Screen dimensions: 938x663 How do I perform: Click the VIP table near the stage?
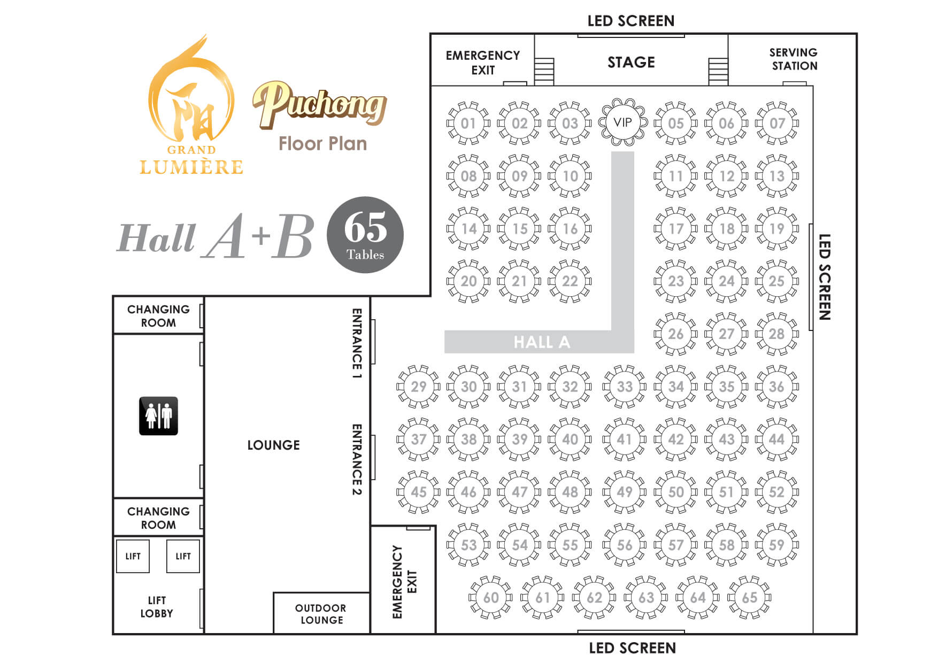(x=622, y=122)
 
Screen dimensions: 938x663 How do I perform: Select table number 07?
(x=776, y=123)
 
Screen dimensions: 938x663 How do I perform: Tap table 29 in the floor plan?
(x=418, y=386)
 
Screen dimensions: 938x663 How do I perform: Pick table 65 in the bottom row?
(x=749, y=597)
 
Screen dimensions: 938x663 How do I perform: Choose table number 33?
(x=625, y=386)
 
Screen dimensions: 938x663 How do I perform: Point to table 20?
(x=468, y=281)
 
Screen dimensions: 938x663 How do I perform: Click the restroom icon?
(x=158, y=415)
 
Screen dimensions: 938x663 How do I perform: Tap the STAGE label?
(x=631, y=62)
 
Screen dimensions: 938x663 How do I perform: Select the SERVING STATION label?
(x=794, y=59)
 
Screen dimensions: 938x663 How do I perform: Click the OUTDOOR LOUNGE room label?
(x=321, y=614)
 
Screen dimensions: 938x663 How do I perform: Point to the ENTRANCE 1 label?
(x=357, y=343)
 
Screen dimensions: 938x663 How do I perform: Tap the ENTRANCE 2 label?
(x=357, y=459)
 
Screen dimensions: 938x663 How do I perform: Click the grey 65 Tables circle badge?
(x=365, y=235)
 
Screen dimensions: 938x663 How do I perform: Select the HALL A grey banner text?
(x=542, y=342)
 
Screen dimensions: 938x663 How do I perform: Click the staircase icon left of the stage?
(x=544, y=71)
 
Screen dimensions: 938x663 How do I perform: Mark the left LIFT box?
(x=133, y=556)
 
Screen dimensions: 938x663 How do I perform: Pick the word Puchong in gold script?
(x=320, y=105)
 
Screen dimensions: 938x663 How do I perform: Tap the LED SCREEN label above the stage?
(x=631, y=21)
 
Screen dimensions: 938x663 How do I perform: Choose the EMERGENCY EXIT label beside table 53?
(x=404, y=582)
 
